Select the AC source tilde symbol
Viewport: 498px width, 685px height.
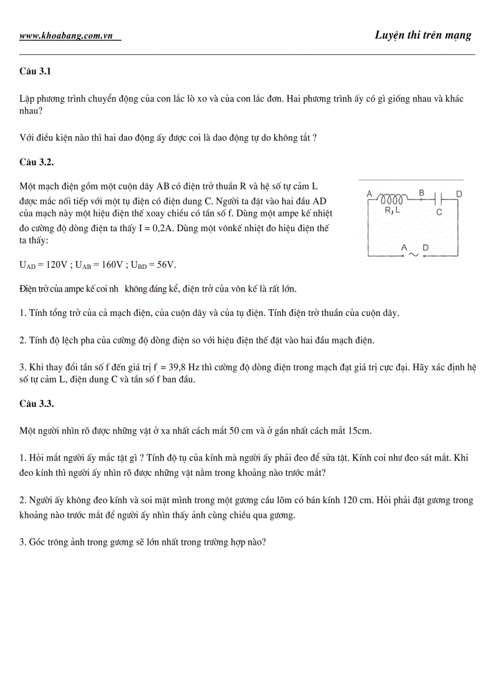click(413, 255)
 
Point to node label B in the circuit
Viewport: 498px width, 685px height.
click(421, 192)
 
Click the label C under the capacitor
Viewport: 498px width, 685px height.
click(439, 213)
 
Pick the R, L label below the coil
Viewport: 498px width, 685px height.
click(392, 210)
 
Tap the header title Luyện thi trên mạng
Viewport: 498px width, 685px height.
click(423, 35)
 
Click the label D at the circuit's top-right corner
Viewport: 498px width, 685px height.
click(459, 194)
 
